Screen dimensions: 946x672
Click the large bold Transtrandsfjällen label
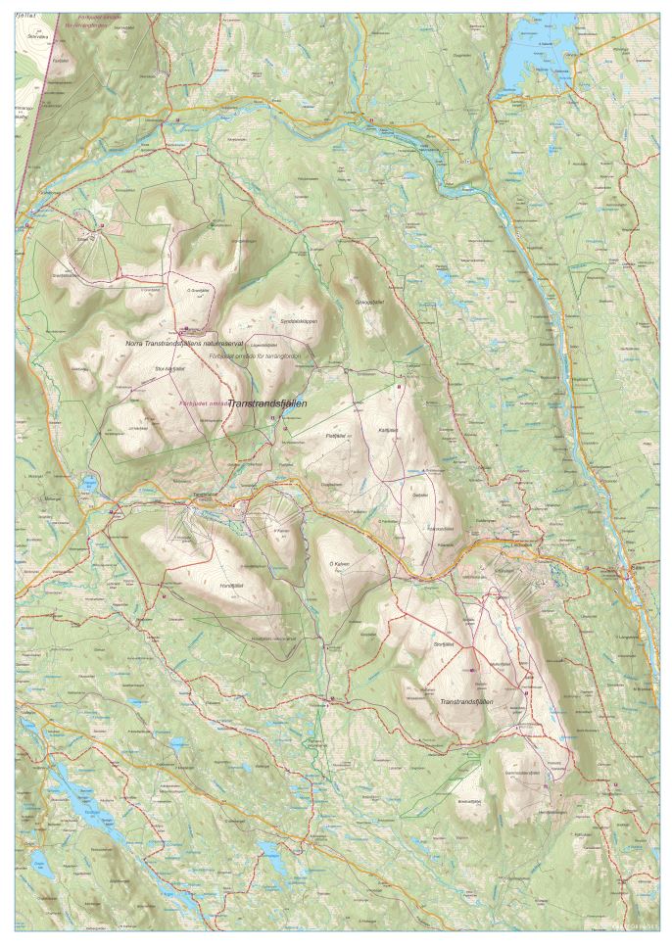[x=267, y=402]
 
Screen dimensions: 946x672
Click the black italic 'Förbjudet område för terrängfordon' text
[x=259, y=356]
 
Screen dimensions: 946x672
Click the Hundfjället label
[x=231, y=585]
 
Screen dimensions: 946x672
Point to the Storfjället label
[x=446, y=645]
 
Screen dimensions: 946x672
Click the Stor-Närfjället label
[x=170, y=368]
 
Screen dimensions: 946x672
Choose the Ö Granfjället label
[x=200, y=290]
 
